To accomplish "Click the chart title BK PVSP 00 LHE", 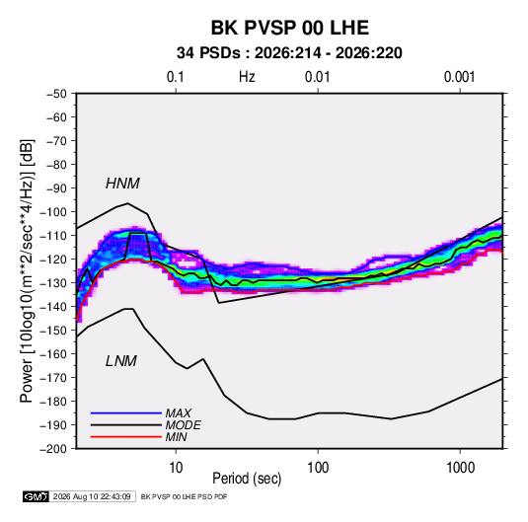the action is coord(290,28).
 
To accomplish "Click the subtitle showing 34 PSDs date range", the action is coord(289,53).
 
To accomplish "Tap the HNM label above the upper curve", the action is coord(122,184).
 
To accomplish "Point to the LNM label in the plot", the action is coord(121,361).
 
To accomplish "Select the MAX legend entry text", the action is coord(178,413).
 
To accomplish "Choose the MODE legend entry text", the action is coord(184,425).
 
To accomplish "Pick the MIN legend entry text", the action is coord(176,437).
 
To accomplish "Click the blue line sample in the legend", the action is coord(126,413).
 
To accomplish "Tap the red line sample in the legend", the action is coord(126,437).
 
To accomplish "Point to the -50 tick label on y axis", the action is coord(56,94).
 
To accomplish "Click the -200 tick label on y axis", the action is coord(53,449).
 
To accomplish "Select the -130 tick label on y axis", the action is coord(53,283).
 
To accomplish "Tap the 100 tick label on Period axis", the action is coord(318,468).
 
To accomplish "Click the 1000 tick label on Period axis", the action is coord(460,468).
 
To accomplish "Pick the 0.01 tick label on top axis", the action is coord(317,77).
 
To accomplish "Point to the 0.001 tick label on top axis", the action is coord(459,77).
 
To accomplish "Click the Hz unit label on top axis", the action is coord(247,77).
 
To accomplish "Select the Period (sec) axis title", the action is coord(247,479).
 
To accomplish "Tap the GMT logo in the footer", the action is coord(37,496).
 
